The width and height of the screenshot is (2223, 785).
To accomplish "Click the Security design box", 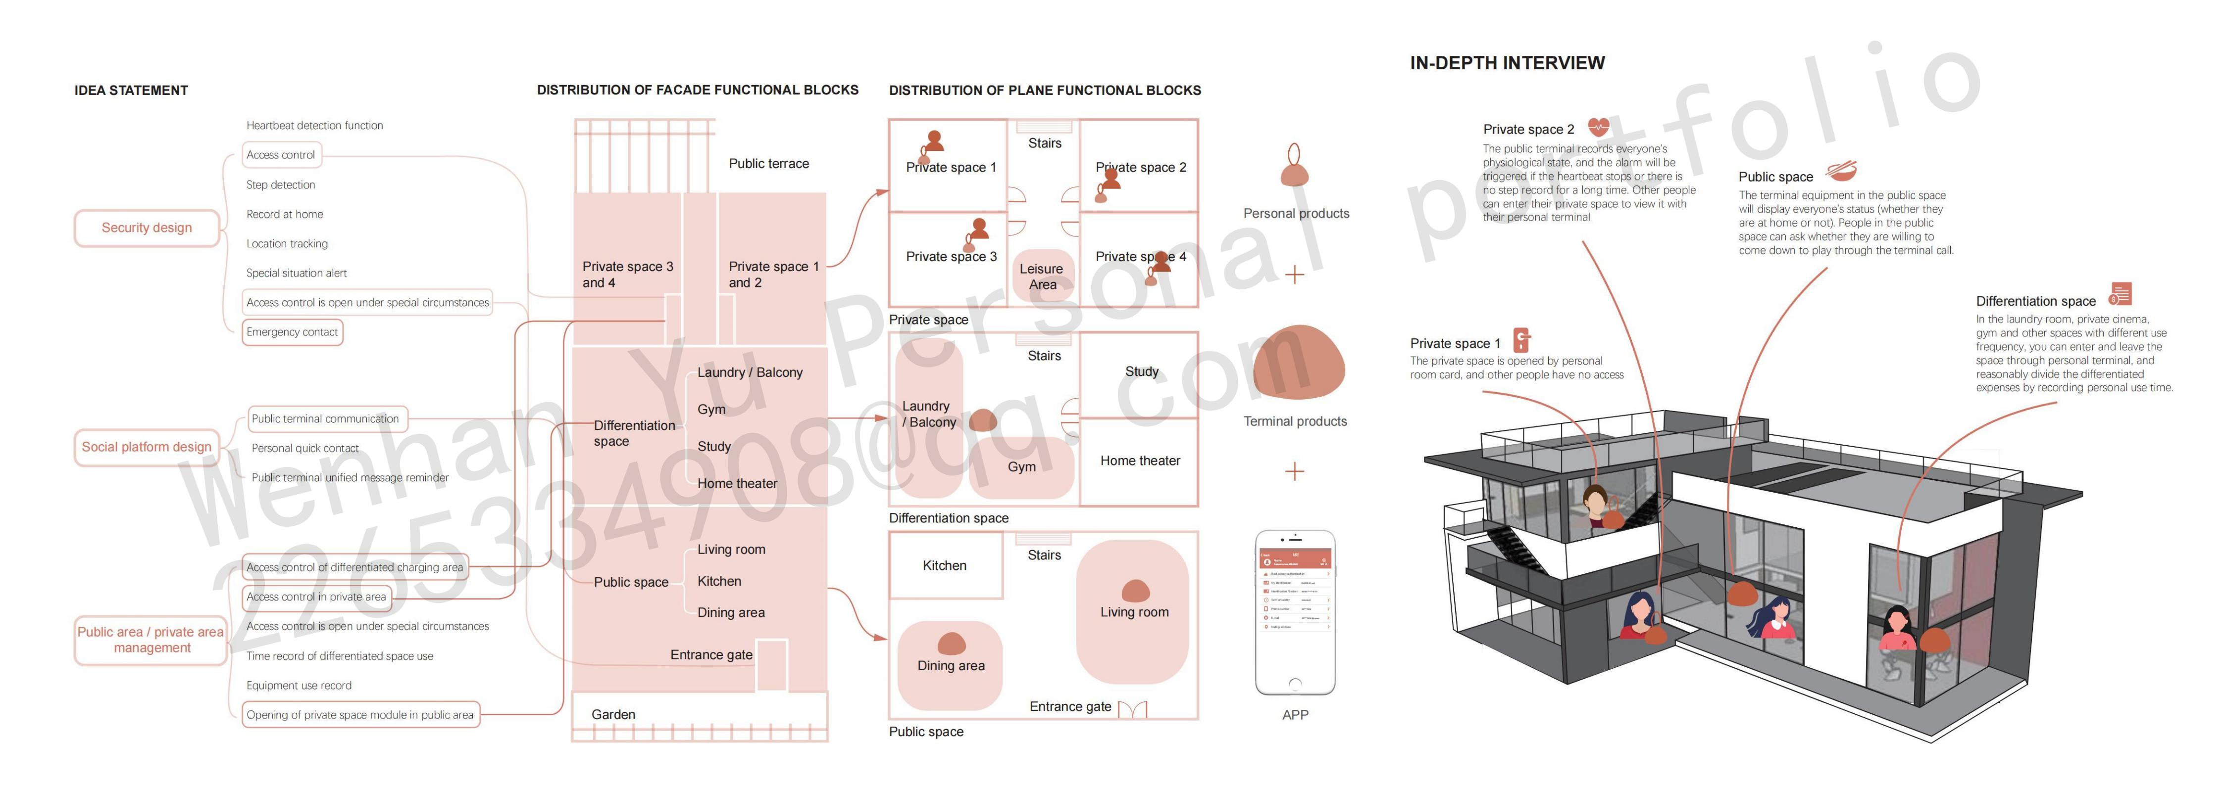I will coord(147,228).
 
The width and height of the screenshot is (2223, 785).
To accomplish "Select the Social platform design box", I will coord(147,447).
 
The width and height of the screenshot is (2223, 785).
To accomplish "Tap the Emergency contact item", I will coord(292,332).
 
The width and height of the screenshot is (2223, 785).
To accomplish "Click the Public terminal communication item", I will coord(325,418).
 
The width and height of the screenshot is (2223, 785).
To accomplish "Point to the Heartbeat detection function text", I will coord(314,125).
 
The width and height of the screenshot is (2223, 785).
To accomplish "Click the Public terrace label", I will coord(768,163).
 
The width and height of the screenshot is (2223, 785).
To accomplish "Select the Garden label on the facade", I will coord(613,714).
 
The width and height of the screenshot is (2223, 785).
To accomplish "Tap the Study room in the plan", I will coord(1141,372).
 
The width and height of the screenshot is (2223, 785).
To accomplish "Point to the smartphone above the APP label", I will coord(1295,612).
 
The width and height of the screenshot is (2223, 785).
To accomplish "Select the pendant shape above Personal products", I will coord(1294,167).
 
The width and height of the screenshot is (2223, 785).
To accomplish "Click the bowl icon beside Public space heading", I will coord(1841,170).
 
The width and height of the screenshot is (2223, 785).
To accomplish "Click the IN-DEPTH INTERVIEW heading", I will coord(1507,63).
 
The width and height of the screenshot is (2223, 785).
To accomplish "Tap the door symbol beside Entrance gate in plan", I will coord(1132,709).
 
